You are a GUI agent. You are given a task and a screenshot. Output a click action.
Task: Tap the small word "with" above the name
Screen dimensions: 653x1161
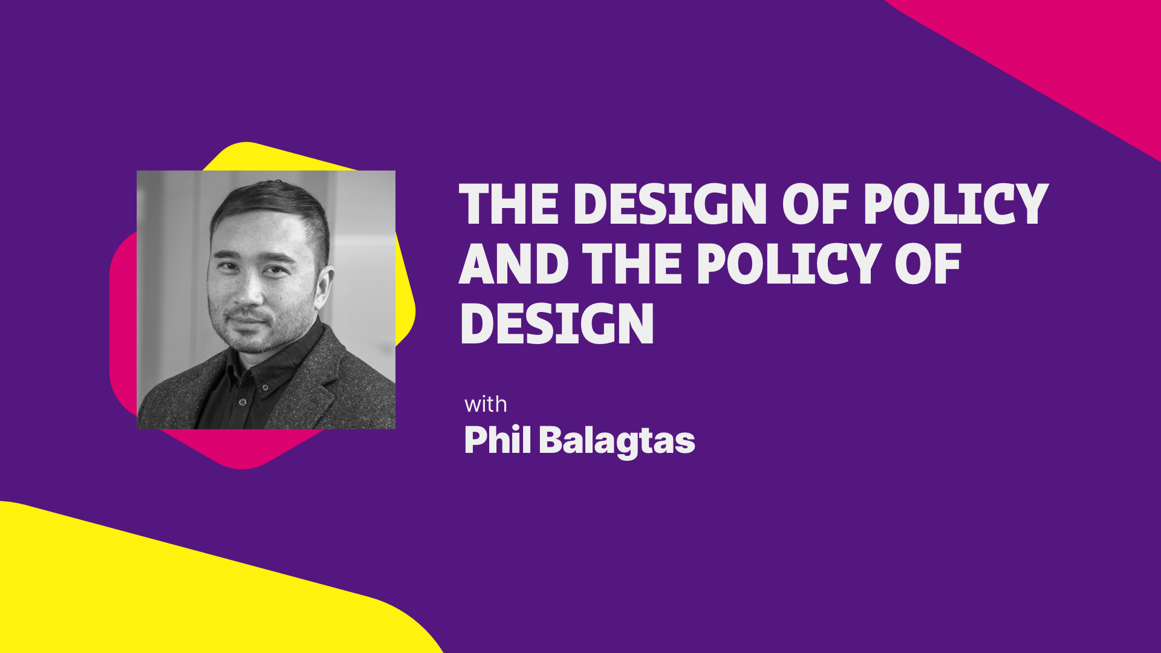click(x=486, y=404)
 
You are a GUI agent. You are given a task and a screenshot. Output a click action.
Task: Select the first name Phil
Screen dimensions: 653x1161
click(x=497, y=440)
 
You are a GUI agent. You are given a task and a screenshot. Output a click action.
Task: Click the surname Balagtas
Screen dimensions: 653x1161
click(x=617, y=441)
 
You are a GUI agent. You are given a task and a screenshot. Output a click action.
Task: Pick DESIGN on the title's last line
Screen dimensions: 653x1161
click(x=557, y=324)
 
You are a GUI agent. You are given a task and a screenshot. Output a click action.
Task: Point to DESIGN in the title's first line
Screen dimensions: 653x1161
click(x=670, y=204)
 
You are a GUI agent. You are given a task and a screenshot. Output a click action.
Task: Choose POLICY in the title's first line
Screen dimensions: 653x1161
click(x=955, y=204)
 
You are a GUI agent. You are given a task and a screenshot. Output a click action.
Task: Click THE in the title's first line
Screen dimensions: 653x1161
click(x=509, y=204)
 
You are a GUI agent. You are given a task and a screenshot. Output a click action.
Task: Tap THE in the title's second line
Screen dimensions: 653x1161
click(x=633, y=264)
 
